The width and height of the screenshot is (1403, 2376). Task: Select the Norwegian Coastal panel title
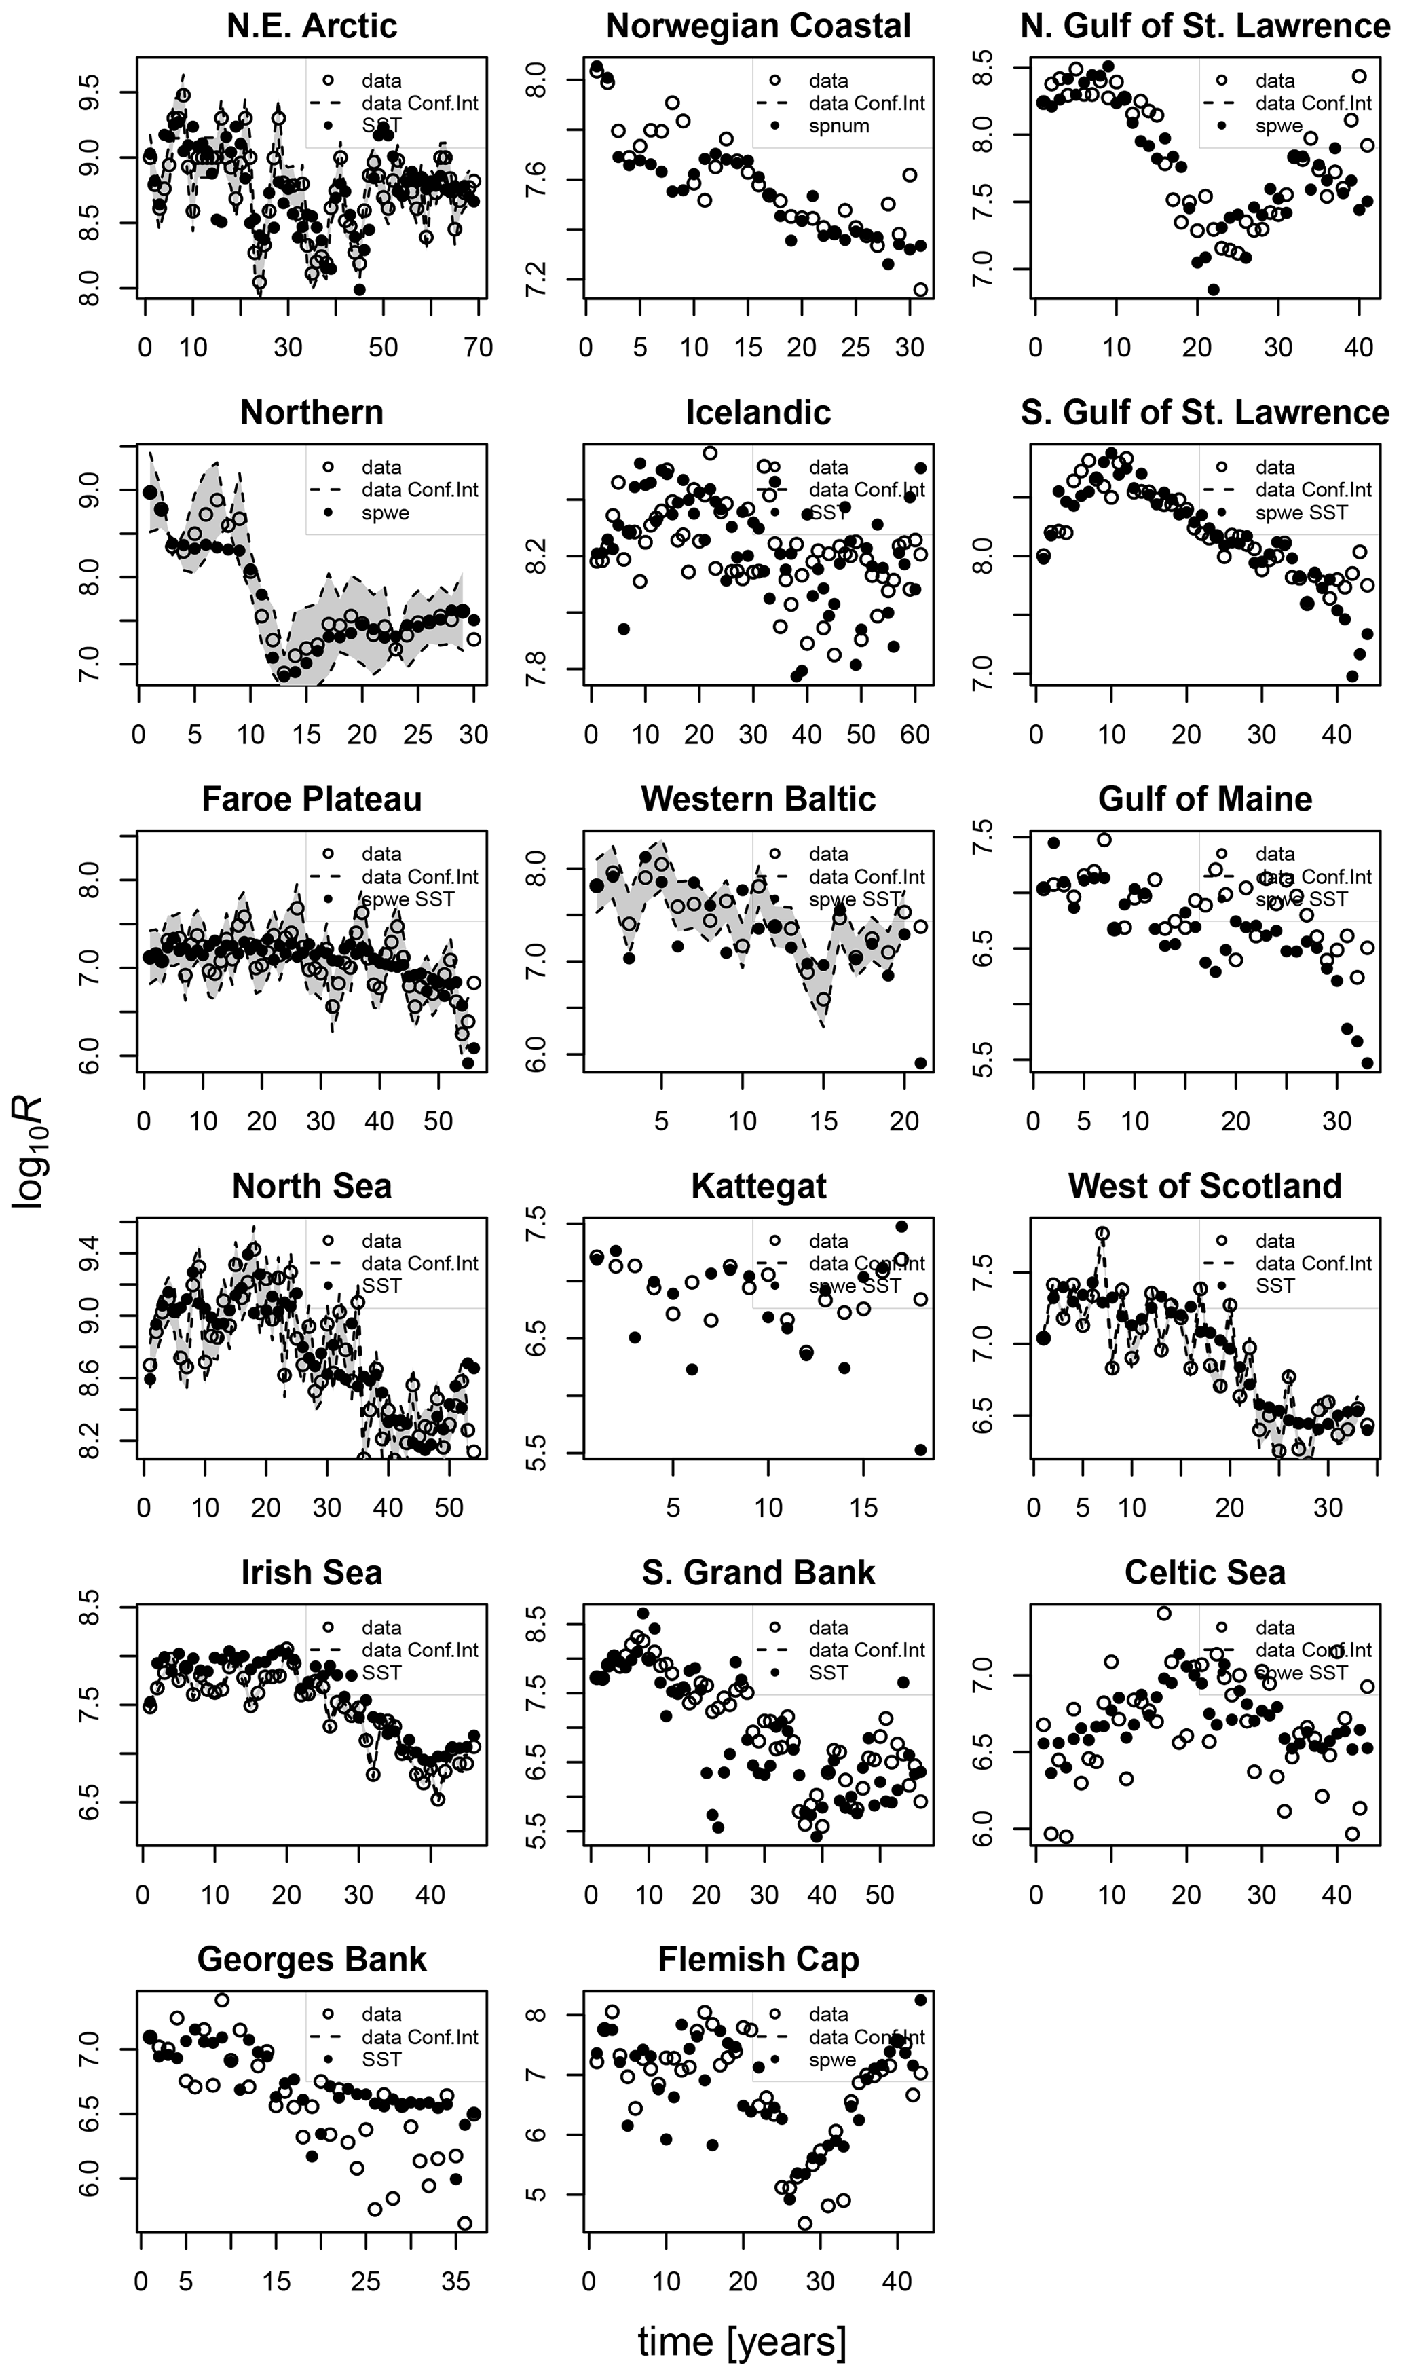click(x=758, y=26)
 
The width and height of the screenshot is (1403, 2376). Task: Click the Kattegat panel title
click(x=758, y=1186)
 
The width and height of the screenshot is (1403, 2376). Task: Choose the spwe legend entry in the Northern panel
click(x=385, y=513)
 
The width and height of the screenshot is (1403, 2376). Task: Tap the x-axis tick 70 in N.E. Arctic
click(x=479, y=348)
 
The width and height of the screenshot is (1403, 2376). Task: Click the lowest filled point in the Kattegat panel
click(x=921, y=1450)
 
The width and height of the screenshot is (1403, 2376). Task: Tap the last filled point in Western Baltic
click(x=921, y=1062)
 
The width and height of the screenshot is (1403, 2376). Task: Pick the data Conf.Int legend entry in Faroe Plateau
click(x=419, y=876)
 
